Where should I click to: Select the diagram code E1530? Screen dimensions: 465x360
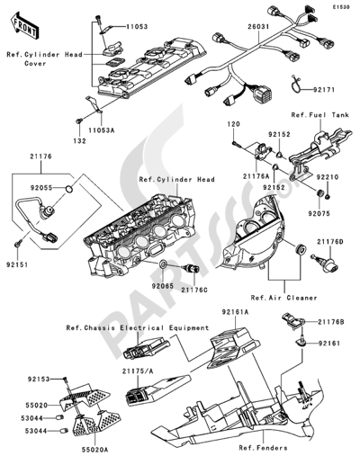(x=340, y=6)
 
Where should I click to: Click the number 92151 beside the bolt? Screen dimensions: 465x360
(x=26, y=266)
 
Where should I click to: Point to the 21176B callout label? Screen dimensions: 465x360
(x=328, y=321)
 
